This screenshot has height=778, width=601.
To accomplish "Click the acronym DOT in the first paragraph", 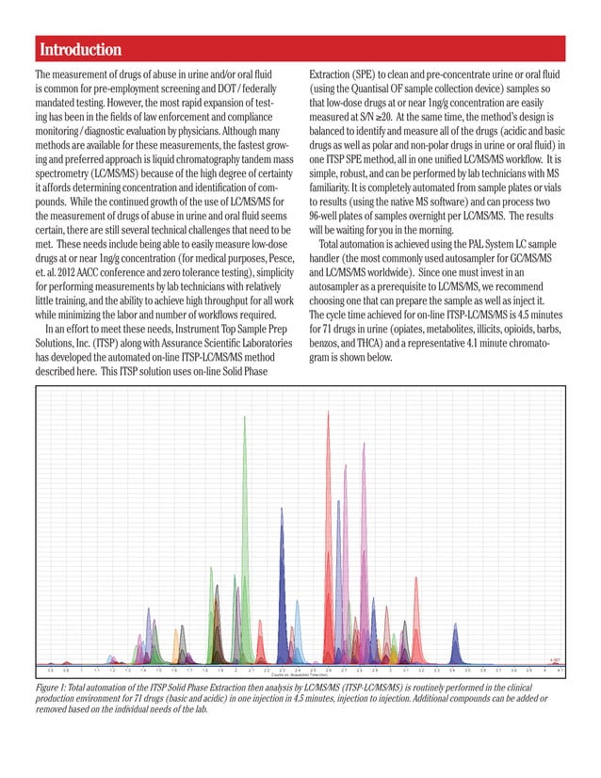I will click(x=227, y=89).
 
